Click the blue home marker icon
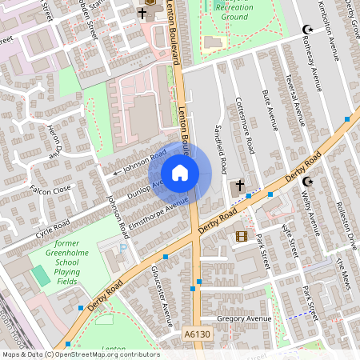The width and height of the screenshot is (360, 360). [180, 173]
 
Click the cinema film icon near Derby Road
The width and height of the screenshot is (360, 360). [241, 236]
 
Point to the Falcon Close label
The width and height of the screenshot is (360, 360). [50, 189]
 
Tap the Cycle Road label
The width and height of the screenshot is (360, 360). [52, 229]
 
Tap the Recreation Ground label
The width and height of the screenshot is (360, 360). [234, 11]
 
